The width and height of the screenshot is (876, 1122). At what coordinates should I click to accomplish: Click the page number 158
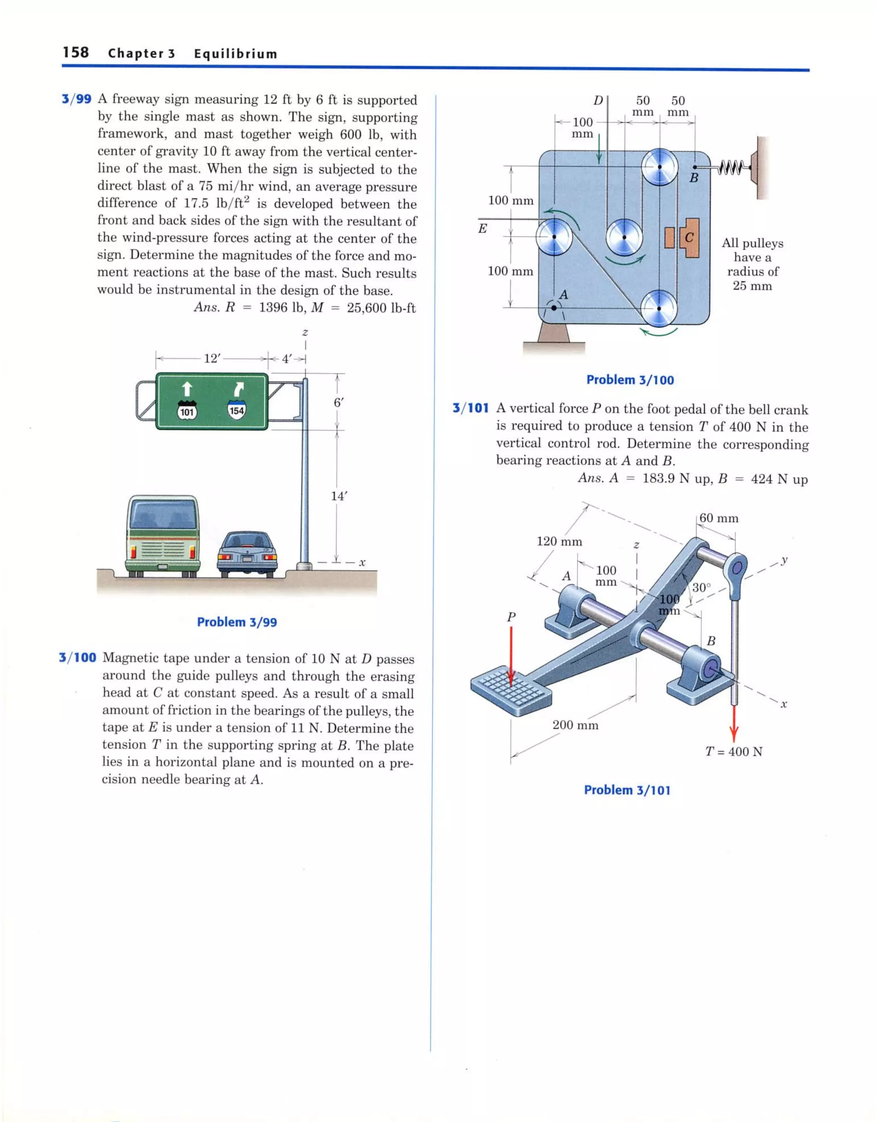coord(76,53)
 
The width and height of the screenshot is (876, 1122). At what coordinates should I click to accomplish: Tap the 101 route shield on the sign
coord(187,411)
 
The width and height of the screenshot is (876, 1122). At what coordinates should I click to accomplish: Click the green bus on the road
coord(163,535)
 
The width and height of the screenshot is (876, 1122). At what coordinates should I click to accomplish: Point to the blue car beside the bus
coord(248,552)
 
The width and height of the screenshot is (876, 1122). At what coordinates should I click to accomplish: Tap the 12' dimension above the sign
coord(211,358)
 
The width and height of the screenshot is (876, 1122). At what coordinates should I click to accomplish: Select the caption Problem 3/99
coord(237,622)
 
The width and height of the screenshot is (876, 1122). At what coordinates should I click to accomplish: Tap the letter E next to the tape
coord(482,228)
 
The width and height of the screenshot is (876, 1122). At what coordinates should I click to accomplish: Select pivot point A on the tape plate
coord(554,308)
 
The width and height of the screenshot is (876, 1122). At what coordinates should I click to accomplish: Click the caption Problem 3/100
coord(630,380)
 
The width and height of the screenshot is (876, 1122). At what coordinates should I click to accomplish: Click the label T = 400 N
coord(734,752)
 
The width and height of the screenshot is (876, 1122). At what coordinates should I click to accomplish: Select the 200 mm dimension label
coord(575,725)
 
